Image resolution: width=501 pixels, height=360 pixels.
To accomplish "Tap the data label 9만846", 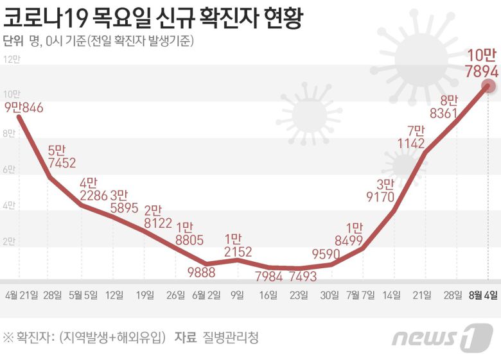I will pos(24,107).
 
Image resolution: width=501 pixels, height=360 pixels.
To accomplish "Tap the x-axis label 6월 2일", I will pos(206,295).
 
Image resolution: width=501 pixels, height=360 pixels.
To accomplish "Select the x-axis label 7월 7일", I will pos(361,295).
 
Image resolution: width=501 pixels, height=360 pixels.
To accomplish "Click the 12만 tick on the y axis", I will pos(12,59).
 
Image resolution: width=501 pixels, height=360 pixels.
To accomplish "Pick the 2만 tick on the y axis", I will pos(9,242).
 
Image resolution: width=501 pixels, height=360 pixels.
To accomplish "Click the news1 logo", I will pos(443,337).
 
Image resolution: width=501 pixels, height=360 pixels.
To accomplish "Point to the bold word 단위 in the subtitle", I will pos(13,42).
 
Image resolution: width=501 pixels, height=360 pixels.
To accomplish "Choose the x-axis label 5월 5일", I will pos(82,295).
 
